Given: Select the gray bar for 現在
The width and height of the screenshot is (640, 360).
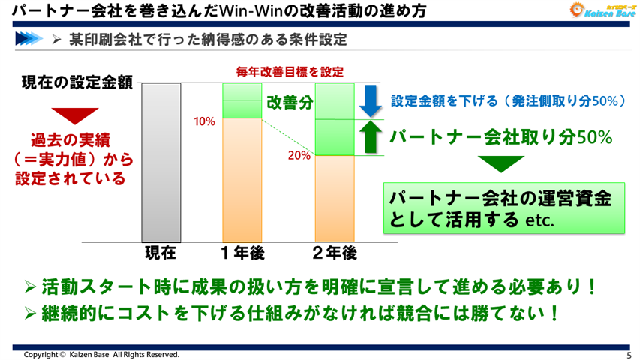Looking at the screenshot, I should [161, 160].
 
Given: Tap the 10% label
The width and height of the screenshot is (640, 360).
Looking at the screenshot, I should [204, 121].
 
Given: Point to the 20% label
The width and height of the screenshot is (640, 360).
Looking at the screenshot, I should [299, 156].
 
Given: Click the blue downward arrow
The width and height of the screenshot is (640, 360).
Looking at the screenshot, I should [370, 101].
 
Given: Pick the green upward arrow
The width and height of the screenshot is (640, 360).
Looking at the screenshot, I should [370, 137].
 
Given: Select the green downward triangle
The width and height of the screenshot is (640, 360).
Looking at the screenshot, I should [502, 163].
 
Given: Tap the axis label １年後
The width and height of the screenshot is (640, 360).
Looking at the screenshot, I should [242, 253].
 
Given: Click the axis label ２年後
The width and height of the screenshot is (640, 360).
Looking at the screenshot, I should [334, 253].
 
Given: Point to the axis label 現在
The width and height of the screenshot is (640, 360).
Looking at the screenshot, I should [160, 253].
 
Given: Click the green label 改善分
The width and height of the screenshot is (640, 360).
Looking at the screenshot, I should [289, 103].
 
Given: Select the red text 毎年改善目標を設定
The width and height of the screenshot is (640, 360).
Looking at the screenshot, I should [290, 72].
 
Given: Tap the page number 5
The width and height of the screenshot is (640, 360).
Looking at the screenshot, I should [628, 354].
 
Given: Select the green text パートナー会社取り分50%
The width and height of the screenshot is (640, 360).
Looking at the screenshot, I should [501, 137].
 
